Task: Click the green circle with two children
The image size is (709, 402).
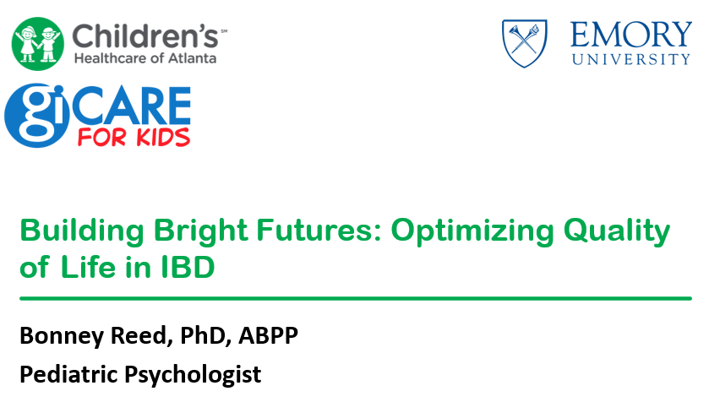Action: tap(38, 44)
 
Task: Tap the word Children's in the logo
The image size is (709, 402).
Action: tap(145, 35)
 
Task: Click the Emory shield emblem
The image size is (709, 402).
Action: tap(525, 43)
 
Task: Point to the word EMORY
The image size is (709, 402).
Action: tap(630, 35)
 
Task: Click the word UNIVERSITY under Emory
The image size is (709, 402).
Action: tap(631, 59)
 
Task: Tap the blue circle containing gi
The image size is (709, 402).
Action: tap(37, 115)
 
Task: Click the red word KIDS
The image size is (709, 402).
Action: tap(163, 137)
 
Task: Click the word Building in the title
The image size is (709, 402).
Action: tap(82, 231)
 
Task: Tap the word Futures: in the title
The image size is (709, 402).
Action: tap(319, 230)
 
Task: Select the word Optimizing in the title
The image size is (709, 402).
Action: tap(472, 231)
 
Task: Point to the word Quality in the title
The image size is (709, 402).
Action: tap(617, 231)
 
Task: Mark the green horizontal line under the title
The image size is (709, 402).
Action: tap(356, 299)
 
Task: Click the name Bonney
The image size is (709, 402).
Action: tap(62, 336)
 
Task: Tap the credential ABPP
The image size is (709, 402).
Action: tap(268, 335)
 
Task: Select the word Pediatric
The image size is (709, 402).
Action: tap(68, 374)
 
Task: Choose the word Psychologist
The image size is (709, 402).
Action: tap(193, 375)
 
